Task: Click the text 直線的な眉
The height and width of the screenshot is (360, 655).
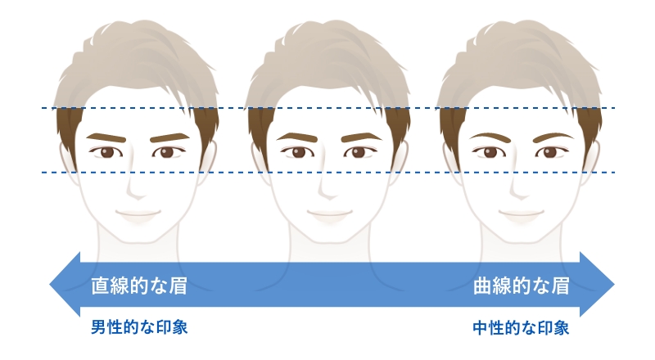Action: [x=139, y=286]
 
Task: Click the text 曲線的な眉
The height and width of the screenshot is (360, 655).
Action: [x=521, y=286]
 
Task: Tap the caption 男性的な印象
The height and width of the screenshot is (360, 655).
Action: [x=139, y=328]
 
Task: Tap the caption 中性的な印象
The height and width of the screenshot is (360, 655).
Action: [x=521, y=328]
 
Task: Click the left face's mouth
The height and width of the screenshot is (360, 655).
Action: [x=136, y=215]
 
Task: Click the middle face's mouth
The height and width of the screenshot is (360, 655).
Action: [x=327, y=215]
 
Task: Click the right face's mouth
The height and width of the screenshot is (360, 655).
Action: [x=519, y=215]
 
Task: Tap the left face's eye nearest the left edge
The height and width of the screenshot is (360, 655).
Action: [x=106, y=152]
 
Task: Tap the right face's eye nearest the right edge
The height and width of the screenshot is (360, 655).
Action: [x=549, y=152]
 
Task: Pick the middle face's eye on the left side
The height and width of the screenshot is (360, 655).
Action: [x=297, y=152]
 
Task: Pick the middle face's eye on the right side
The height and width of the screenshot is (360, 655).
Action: [x=358, y=152]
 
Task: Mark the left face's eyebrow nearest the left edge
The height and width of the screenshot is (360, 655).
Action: [x=104, y=136]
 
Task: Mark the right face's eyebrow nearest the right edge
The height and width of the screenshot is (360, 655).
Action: [x=551, y=135]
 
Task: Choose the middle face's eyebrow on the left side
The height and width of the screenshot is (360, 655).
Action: [x=296, y=136]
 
